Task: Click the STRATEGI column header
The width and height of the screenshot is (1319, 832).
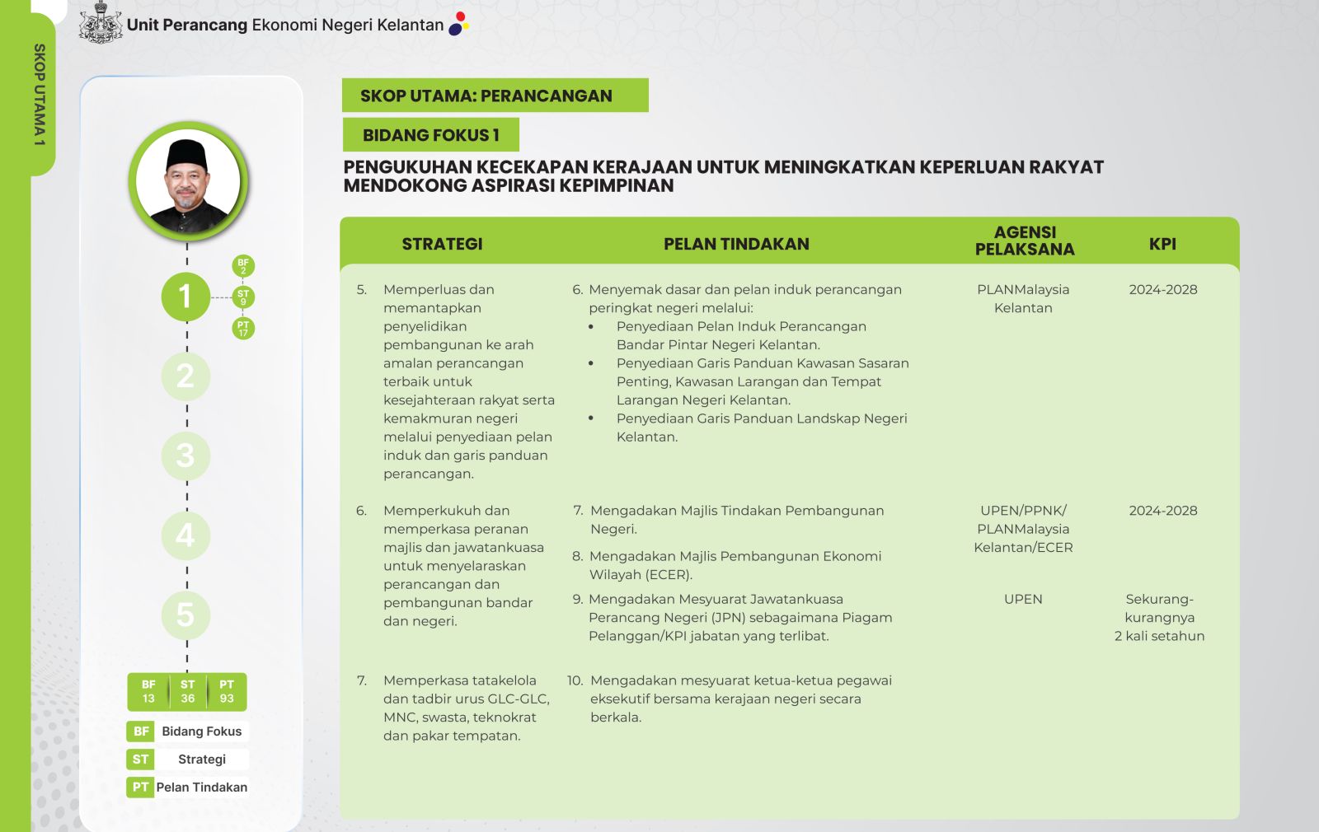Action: coord(442,244)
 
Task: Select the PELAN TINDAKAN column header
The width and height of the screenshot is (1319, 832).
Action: coord(736,244)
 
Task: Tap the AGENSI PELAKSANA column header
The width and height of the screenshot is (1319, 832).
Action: coord(1025,241)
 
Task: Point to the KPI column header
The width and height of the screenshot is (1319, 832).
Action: coord(1162,244)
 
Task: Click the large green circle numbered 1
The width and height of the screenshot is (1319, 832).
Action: coord(185,297)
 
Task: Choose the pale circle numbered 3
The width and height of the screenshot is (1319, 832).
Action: coord(185,456)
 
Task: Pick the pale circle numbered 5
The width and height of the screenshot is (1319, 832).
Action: coord(185,615)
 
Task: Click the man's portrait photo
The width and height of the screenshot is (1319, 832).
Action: coord(189,181)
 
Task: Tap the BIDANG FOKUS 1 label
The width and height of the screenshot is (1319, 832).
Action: coord(430,135)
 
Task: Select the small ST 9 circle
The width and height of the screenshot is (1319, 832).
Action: coord(243,297)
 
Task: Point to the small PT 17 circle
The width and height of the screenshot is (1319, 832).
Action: coord(243,329)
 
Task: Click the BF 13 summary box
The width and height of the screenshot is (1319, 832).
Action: coord(148,692)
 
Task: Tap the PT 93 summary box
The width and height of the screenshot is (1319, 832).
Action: coord(227,692)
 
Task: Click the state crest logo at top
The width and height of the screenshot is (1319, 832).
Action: coord(101,22)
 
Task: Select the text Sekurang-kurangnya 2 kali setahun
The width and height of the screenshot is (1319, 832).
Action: coord(1159,618)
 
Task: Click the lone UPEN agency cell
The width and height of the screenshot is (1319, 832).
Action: coord(1023,600)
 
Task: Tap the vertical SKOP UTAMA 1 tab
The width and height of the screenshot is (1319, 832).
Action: coord(40,95)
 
